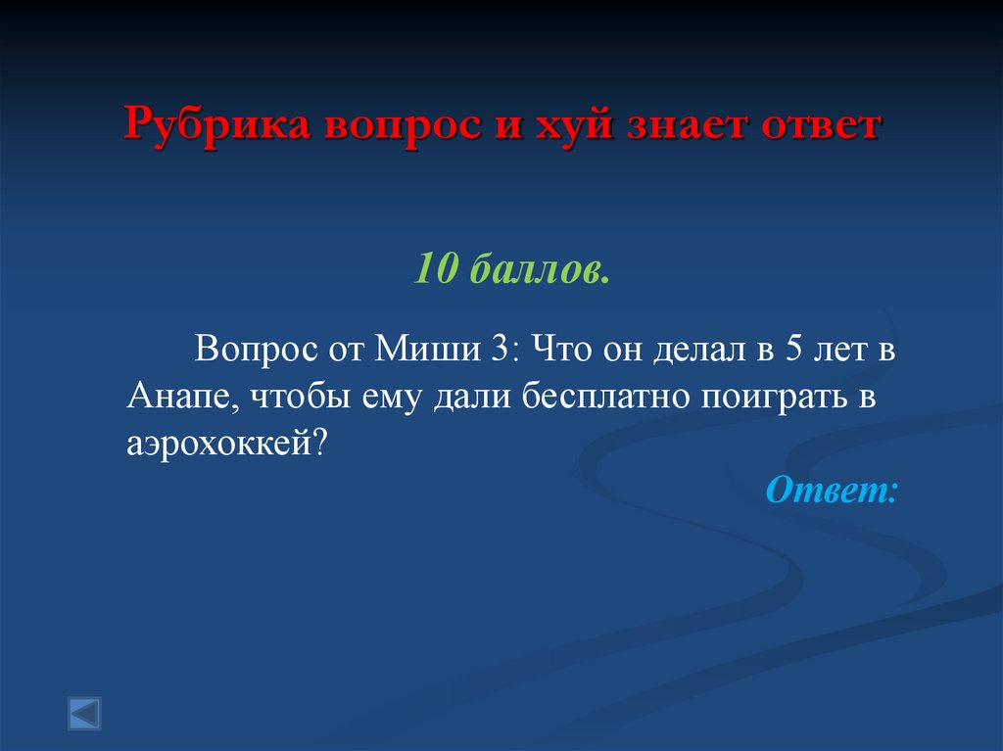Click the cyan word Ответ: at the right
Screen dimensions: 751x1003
point(831,489)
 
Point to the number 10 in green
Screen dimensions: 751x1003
point(436,266)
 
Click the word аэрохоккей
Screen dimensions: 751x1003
point(225,442)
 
